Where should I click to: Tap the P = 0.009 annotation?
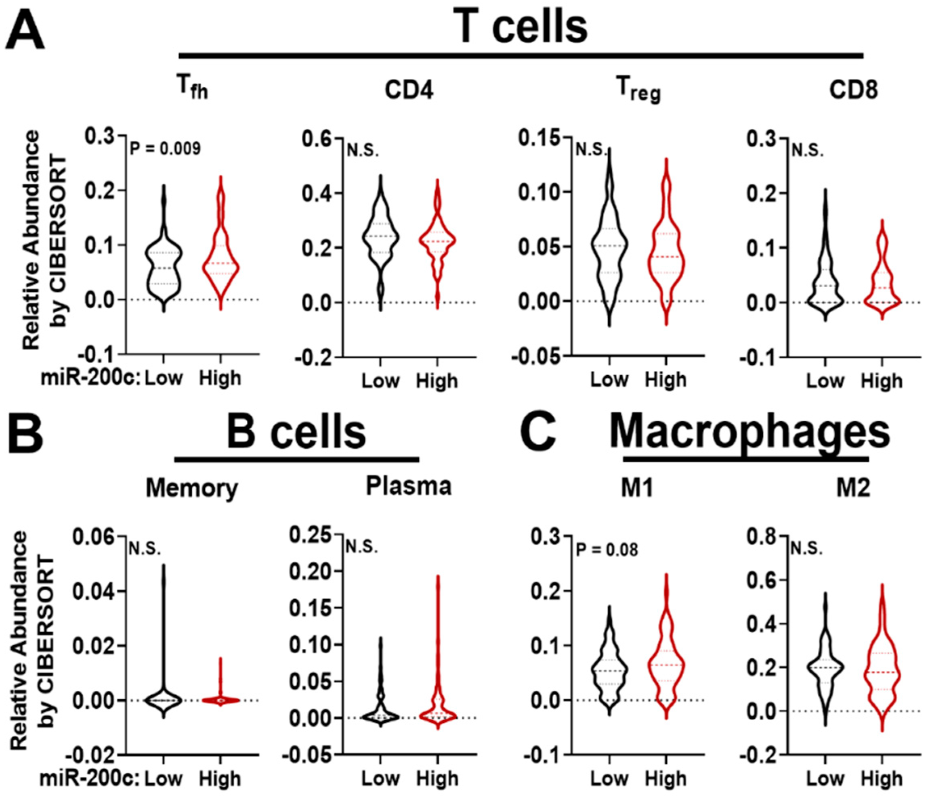click(x=165, y=149)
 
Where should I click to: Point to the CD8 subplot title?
click(x=853, y=91)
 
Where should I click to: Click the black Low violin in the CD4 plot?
click(x=380, y=237)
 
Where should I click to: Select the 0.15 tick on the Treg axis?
click(x=539, y=138)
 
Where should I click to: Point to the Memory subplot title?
click(x=192, y=488)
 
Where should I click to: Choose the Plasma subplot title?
click(x=408, y=486)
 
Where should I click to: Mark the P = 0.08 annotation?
click(x=607, y=550)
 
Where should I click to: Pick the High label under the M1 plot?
click(x=666, y=779)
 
